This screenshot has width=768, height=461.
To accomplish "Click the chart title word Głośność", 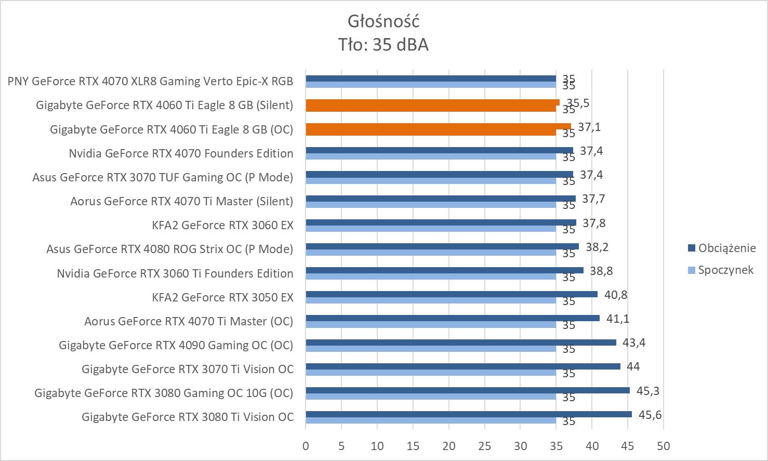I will tap(383, 21).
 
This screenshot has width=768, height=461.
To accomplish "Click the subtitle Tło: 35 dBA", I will tap(383, 45).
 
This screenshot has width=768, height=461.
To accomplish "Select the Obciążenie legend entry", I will tap(726, 248).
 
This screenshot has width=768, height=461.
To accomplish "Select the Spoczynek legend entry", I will tap(725, 270).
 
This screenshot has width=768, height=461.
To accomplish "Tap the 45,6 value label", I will tap(650, 415).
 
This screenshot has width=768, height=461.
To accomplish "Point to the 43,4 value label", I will tap(634, 343).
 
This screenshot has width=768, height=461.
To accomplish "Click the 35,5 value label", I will tap(578, 103).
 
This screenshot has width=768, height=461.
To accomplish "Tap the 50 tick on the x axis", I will tap(664, 446).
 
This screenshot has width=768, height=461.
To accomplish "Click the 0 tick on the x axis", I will tap(306, 446).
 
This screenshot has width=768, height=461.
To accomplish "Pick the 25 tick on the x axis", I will tap(484, 446).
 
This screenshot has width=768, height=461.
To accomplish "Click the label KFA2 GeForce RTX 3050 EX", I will tap(222, 297).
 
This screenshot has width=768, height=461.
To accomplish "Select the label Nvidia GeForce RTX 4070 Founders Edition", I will tap(181, 153).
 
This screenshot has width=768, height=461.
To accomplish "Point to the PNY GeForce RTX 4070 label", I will tap(150, 81).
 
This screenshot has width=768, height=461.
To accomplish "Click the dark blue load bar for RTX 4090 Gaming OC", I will tap(460, 343).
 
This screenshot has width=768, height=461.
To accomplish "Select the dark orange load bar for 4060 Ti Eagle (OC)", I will tap(438, 126).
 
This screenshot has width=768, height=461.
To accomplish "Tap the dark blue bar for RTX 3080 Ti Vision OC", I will tap(468, 414).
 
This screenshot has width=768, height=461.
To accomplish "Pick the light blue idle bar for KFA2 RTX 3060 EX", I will tap(430, 229).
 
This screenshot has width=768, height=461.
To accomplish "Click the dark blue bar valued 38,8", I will tap(444, 270).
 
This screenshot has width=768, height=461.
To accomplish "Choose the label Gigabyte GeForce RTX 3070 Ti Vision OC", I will tap(188, 369).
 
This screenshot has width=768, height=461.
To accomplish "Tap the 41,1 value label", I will tap(618, 319).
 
